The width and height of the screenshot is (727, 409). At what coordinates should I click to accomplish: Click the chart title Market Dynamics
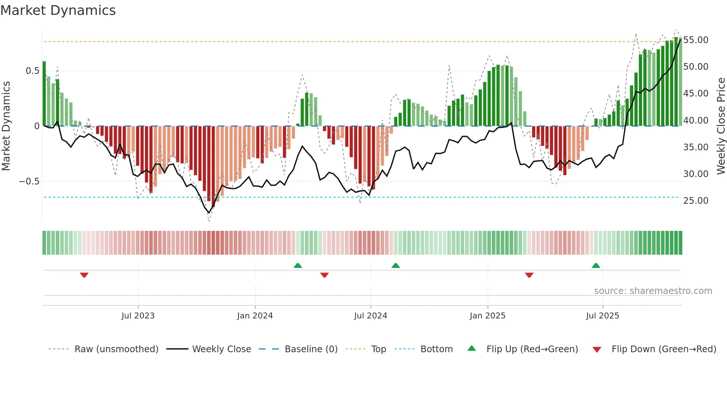[58, 10]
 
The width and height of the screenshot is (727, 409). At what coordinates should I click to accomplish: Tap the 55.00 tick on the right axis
[695, 40]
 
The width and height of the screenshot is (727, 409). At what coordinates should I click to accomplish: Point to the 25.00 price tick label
[695, 201]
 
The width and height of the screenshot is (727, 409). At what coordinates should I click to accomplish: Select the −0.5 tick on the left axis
[29, 181]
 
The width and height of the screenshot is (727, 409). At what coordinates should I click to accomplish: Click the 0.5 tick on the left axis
[32, 71]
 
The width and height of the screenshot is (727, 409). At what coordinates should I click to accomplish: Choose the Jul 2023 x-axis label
[138, 316]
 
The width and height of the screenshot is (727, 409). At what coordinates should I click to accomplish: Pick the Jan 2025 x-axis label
[487, 316]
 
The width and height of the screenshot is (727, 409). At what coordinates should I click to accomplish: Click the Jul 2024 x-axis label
[371, 316]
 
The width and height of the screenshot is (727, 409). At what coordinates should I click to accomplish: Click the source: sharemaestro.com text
[653, 291]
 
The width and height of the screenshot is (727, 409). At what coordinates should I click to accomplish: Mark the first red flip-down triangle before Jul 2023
[84, 275]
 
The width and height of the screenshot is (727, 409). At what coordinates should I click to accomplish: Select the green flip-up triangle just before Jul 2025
[596, 265]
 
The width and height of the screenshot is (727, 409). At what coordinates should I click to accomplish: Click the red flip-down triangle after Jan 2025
[529, 275]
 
